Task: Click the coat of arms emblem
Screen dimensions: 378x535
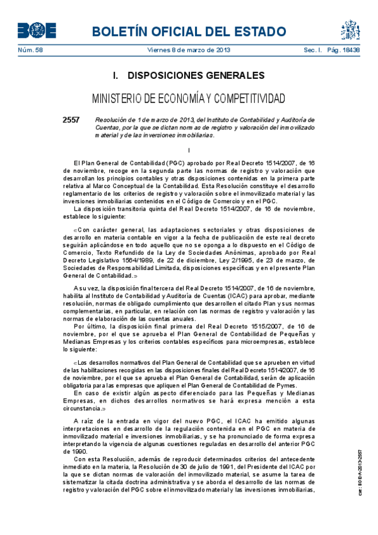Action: tap(351, 30)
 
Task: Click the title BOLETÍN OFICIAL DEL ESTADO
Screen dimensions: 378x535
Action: tap(188, 31)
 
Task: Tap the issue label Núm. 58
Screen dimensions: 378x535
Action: tap(28, 50)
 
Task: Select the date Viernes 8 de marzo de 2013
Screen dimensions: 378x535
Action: tap(189, 50)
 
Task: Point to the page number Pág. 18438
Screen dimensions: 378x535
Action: tap(344, 50)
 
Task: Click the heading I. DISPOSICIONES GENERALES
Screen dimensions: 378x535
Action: tap(188, 76)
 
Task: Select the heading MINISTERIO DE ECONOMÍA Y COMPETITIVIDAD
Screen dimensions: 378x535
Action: tap(188, 99)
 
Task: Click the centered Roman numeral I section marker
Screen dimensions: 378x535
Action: tap(189, 149)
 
